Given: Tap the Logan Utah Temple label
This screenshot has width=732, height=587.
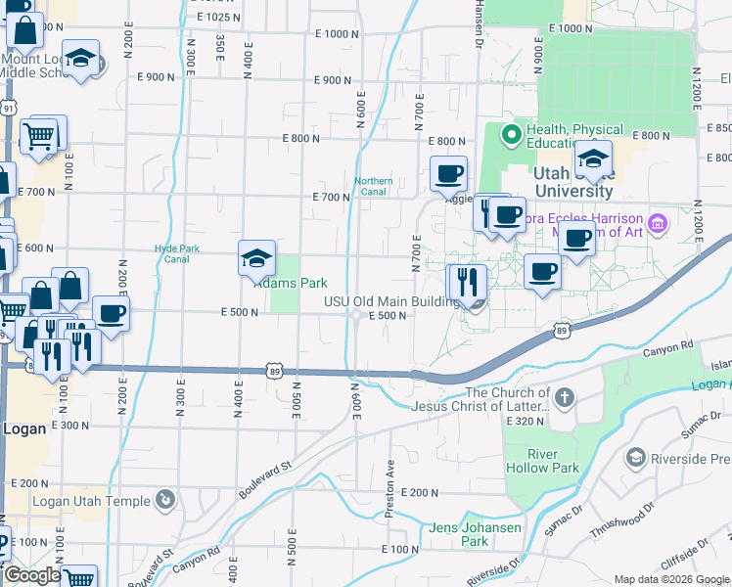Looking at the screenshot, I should (x=92, y=501).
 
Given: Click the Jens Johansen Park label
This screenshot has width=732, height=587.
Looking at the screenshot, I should (x=460, y=534).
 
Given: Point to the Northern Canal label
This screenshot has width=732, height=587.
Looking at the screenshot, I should (x=373, y=186).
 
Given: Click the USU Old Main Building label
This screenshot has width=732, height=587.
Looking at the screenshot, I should (x=391, y=301).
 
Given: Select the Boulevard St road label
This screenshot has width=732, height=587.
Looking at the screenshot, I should (x=264, y=478).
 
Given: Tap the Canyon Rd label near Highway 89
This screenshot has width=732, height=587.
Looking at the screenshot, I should (x=667, y=345).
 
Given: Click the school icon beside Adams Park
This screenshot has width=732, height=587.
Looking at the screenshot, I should (x=256, y=259).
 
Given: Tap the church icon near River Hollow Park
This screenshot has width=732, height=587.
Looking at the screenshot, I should (x=565, y=398).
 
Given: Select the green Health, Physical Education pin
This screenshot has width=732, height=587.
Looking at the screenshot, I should (x=510, y=134).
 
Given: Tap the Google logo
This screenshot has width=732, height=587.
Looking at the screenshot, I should (x=31, y=575).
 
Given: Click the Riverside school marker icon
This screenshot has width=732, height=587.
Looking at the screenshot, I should (x=635, y=457).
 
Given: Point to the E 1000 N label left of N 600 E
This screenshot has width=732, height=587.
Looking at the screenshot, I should (x=338, y=33).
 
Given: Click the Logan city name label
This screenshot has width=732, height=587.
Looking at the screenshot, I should (x=24, y=429).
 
